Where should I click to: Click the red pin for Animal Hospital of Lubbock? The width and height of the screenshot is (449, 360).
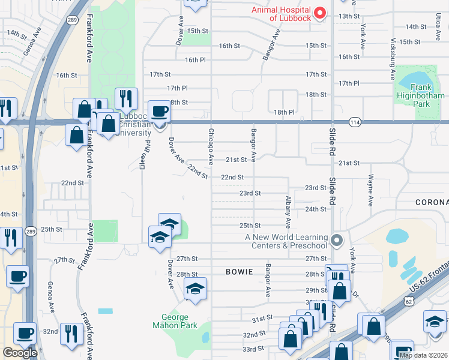point(320,13)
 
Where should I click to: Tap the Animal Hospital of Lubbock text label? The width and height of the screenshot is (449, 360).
point(282,14)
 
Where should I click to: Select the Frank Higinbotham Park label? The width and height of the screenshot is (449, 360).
point(420,100)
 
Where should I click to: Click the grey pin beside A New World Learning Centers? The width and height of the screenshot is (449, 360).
point(337,241)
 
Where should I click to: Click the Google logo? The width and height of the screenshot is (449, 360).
point(20,353)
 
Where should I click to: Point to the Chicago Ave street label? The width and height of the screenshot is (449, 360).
point(211,147)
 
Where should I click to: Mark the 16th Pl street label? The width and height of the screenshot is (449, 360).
point(195,60)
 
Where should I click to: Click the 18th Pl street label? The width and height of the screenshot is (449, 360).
point(284,112)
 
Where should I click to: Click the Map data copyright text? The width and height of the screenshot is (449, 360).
point(423,355)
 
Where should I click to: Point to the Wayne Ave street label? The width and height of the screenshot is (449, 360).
point(371,188)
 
